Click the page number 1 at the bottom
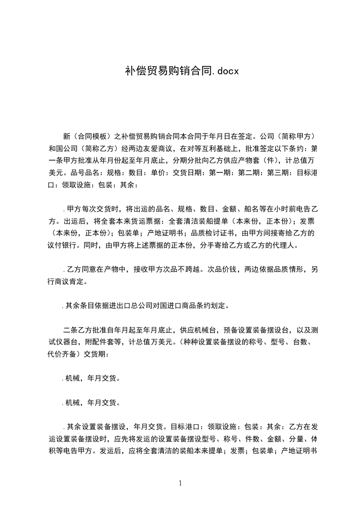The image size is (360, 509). tap(180, 483)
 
